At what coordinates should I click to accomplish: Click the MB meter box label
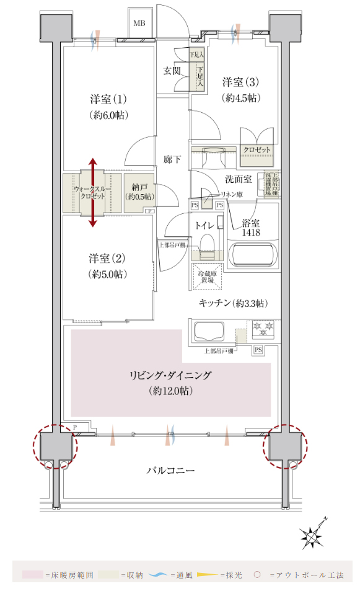coord(139,23)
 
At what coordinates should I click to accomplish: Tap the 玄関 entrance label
coord(172,71)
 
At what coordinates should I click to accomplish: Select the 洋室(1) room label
coord(108,99)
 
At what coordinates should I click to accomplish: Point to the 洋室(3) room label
coord(240,82)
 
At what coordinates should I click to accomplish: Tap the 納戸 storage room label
coord(139,185)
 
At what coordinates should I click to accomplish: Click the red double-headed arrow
coord(93,192)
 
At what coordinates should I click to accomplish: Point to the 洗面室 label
coord(237,179)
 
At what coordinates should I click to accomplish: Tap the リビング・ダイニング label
coord(170,375)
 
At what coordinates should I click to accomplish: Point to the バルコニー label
coord(170,471)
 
